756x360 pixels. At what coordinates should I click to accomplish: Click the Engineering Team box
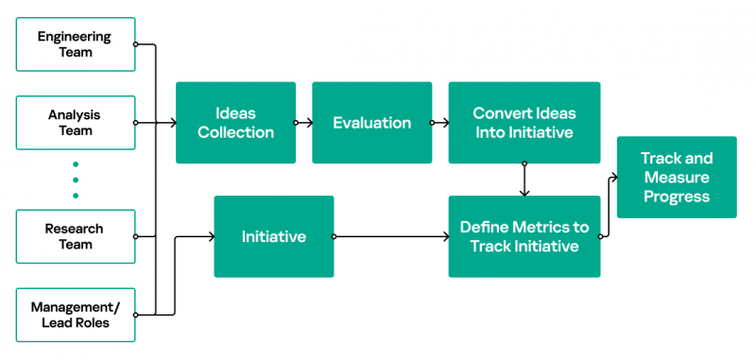[x=76, y=44]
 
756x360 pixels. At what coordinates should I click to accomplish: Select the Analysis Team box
[x=76, y=123]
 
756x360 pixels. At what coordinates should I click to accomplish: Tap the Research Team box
[x=76, y=236]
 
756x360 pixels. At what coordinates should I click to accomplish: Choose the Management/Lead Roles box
[x=76, y=315]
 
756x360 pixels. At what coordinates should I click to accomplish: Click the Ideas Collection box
[x=235, y=123]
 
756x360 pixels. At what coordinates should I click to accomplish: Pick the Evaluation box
[x=371, y=123]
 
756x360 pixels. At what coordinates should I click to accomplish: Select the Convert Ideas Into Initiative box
[x=524, y=123]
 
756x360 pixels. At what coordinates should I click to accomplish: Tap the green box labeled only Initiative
[x=273, y=236]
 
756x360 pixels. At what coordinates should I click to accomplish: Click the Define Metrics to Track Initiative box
[x=524, y=236]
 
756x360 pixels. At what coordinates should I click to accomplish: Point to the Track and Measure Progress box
[x=676, y=178]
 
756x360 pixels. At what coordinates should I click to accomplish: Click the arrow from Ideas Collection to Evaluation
[x=304, y=123]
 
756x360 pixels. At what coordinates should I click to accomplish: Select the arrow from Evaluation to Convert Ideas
[x=439, y=123]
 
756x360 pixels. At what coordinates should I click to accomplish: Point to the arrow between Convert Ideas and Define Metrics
[x=524, y=180]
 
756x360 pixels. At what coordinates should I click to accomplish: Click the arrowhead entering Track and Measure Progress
[x=614, y=177]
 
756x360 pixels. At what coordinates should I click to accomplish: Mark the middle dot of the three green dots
[x=76, y=180]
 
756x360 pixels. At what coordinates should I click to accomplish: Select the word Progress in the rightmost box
[x=676, y=197]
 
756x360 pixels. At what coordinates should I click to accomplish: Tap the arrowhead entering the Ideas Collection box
[x=172, y=123]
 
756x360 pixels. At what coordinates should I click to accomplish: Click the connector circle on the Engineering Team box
[x=136, y=44]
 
